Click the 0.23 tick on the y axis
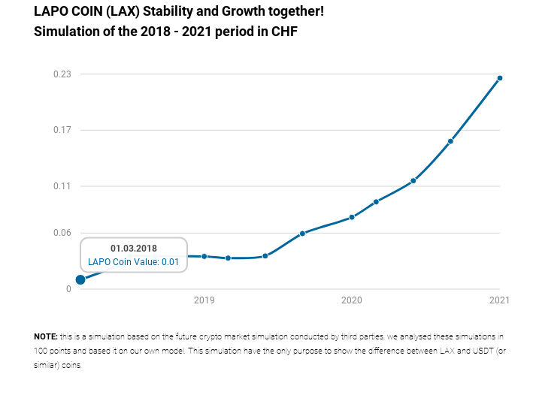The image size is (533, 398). point(62,74)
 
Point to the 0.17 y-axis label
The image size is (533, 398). point(62,130)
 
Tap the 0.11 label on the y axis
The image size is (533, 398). point(62,185)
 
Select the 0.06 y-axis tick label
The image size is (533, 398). point(62,233)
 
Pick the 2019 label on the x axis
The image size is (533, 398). point(204,301)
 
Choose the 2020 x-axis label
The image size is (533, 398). point(352,301)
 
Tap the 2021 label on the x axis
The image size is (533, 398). point(499,301)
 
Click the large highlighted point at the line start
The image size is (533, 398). point(80,279)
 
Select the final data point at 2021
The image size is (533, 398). point(500,78)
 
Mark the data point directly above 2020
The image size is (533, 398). point(352,217)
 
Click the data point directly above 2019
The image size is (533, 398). point(204,256)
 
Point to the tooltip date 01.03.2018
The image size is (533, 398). point(133,249)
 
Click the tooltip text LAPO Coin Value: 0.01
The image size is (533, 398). point(133,262)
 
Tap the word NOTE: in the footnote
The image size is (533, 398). point(46,336)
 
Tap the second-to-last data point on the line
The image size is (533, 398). point(450,141)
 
